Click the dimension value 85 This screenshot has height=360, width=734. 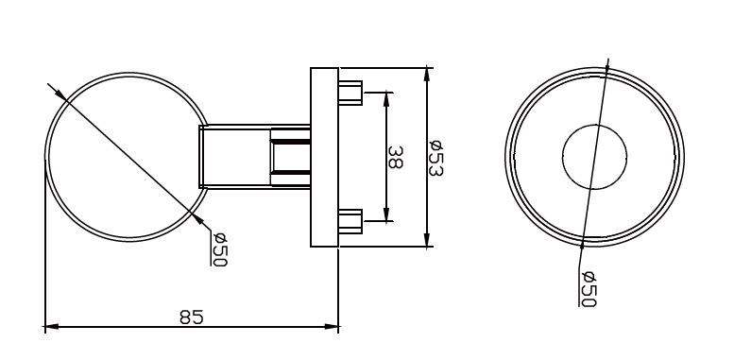coord(192,317)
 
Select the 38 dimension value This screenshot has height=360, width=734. coord(395,157)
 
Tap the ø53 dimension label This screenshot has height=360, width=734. coord(436,157)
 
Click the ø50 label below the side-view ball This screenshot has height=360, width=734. coord(220,249)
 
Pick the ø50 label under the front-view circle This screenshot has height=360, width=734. coord(589,286)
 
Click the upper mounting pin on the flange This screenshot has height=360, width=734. coord(350,93)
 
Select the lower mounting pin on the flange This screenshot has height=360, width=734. coord(350,221)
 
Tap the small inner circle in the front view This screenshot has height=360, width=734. coord(595,156)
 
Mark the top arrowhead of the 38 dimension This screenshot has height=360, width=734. coord(385,97)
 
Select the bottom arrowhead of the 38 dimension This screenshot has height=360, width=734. coord(385,216)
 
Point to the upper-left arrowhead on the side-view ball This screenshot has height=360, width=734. coord(59,93)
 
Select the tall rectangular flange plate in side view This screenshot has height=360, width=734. coord(324,157)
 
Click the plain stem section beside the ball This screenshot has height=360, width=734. coord(235,157)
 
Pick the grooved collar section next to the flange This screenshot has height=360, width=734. coord(291,157)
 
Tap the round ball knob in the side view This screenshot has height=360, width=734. coord(113,157)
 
